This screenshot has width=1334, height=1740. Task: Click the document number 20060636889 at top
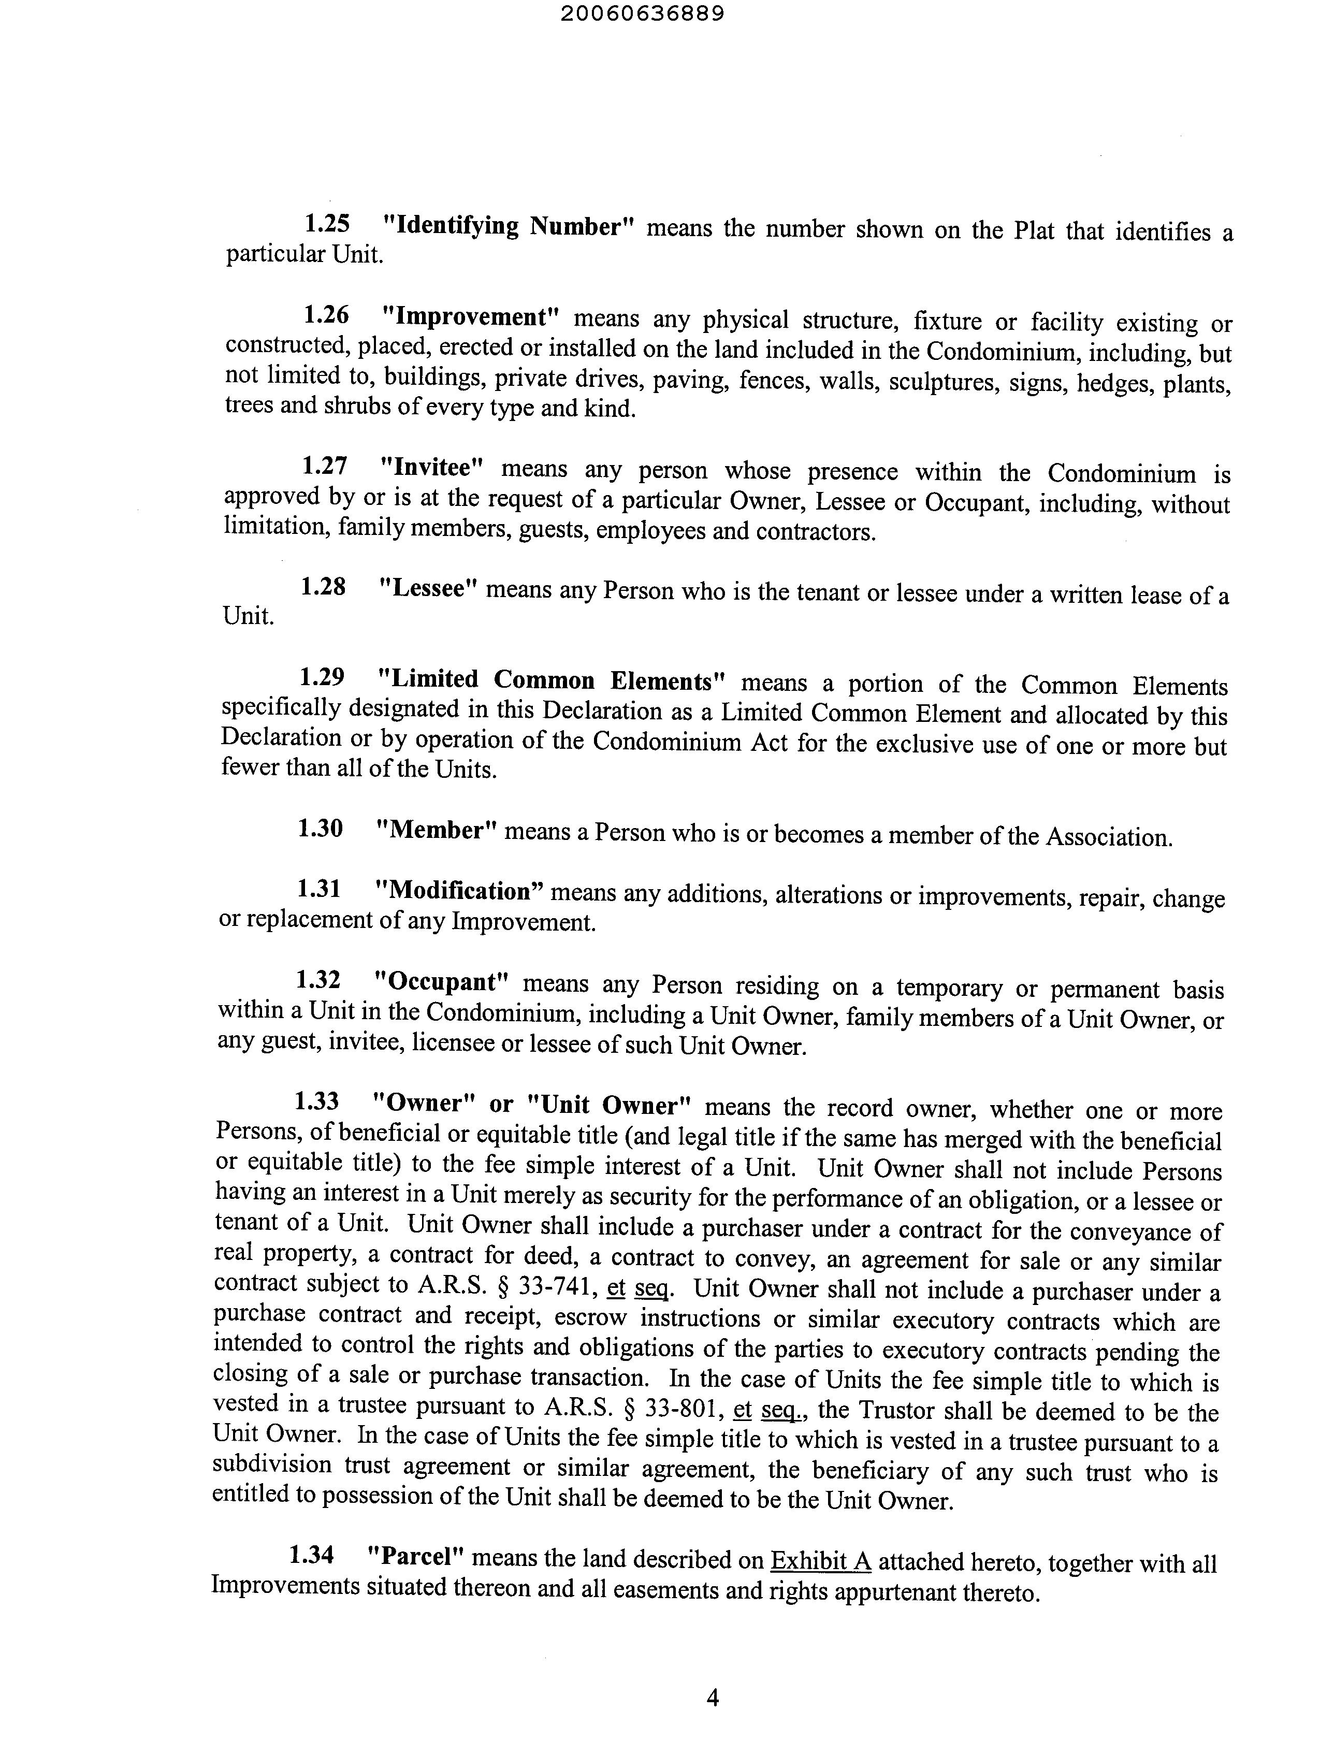pyautogui.click(x=642, y=15)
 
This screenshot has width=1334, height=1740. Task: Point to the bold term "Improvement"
pyautogui.click(x=470, y=317)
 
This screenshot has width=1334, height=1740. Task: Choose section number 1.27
pyautogui.click(x=324, y=466)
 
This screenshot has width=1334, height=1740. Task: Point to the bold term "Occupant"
pyautogui.click(x=440, y=982)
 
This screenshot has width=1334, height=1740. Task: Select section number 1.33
pyautogui.click(x=317, y=1101)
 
